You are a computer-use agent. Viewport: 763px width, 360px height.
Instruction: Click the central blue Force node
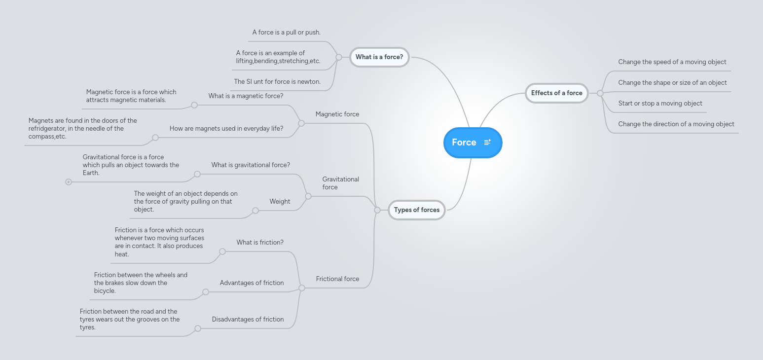click(x=464, y=143)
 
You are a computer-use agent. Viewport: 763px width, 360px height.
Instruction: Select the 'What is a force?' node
click(x=379, y=57)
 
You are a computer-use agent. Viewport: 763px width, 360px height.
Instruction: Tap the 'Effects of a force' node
click(x=556, y=93)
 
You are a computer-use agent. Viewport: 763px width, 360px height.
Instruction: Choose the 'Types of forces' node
click(x=416, y=210)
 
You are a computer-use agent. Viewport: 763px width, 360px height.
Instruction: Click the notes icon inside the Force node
click(x=487, y=143)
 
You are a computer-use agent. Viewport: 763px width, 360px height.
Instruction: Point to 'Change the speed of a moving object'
click(x=672, y=62)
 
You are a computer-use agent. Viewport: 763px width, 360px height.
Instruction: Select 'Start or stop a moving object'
click(x=660, y=104)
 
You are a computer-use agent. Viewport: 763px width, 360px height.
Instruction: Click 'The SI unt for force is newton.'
click(x=277, y=82)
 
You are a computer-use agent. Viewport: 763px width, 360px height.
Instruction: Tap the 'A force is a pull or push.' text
click(x=286, y=33)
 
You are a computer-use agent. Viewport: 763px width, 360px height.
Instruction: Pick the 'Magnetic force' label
click(x=337, y=114)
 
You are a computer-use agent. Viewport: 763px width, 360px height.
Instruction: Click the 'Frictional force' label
click(x=337, y=279)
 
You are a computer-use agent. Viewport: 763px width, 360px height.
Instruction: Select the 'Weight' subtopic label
click(x=280, y=202)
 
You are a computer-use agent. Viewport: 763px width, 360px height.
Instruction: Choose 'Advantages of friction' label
click(x=252, y=283)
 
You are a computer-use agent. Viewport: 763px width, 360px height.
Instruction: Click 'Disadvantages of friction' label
click(x=248, y=320)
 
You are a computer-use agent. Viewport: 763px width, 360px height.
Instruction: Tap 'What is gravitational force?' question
click(x=251, y=165)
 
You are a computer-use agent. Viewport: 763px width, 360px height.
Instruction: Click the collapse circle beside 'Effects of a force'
click(x=600, y=93)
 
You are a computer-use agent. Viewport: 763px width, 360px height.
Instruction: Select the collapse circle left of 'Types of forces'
click(x=377, y=210)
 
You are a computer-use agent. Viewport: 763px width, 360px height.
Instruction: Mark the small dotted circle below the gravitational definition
click(x=69, y=182)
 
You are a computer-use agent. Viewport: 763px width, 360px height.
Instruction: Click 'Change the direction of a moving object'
click(x=676, y=124)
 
